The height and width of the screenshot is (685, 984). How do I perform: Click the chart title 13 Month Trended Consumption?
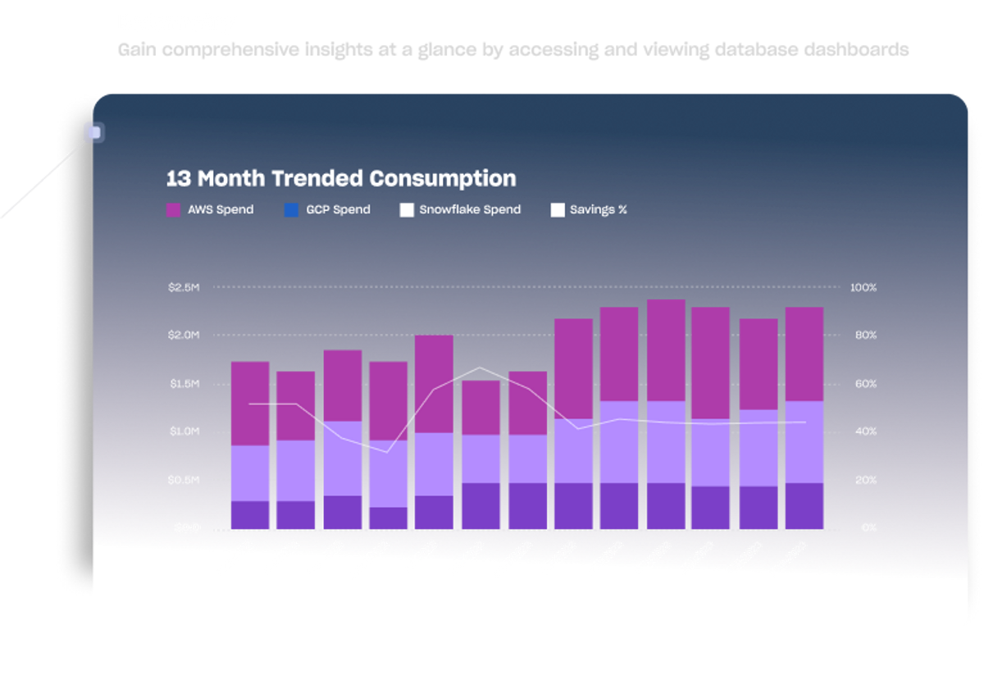pyautogui.click(x=341, y=178)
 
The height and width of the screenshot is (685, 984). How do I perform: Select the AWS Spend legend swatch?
pyautogui.click(x=173, y=210)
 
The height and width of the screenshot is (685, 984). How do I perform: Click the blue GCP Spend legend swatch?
pyautogui.click(x=291, y=210)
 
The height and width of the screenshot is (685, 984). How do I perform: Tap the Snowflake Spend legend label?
pyautogui.click(x=470, y=210)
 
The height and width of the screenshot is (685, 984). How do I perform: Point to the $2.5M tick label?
pyautogui.click(x=183, y=288)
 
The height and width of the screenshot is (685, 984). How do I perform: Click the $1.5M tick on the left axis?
pyautogui.click(x=183, y=384)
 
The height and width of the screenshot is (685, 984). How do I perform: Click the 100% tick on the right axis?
pyautogui.click(x=863, y=288)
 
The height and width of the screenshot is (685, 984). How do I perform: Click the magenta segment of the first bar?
pyautogui.click(x=250, y=403)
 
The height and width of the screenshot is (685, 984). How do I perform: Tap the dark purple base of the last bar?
pyautogui.click(x=804, y=505)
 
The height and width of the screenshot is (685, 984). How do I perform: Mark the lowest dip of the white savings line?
pyautogui.click(x=388, y=452)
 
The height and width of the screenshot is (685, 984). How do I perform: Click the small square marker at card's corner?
pyautogui.click(x=94, y=132)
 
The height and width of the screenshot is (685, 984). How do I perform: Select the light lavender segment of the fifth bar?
pyautogui.click(x=434, y=464)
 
